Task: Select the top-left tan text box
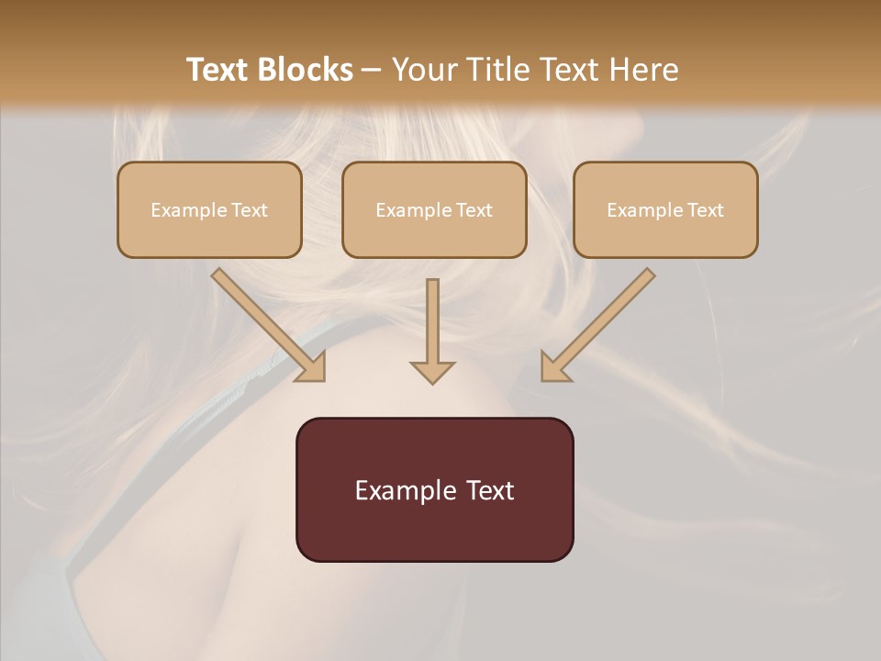[x=209, y=210]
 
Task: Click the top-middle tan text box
[x=434, y=210]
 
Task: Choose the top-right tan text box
[x=665, y=210]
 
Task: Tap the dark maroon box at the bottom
[x=434, y=490]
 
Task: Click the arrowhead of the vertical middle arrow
[x=432, y=371]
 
